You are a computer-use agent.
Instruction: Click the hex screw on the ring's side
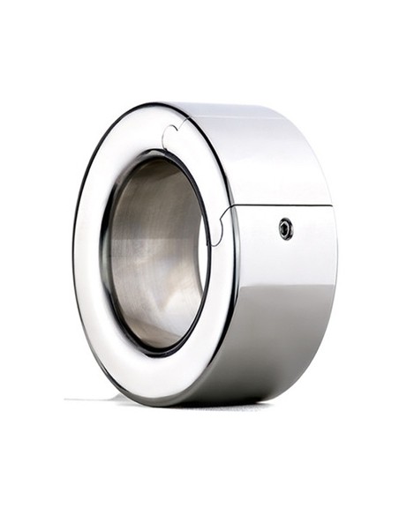(285, 228)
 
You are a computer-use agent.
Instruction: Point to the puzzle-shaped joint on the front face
(169, 137)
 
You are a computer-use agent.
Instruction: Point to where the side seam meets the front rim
(231, 208)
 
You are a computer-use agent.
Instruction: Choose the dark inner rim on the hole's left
(103, 256)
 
